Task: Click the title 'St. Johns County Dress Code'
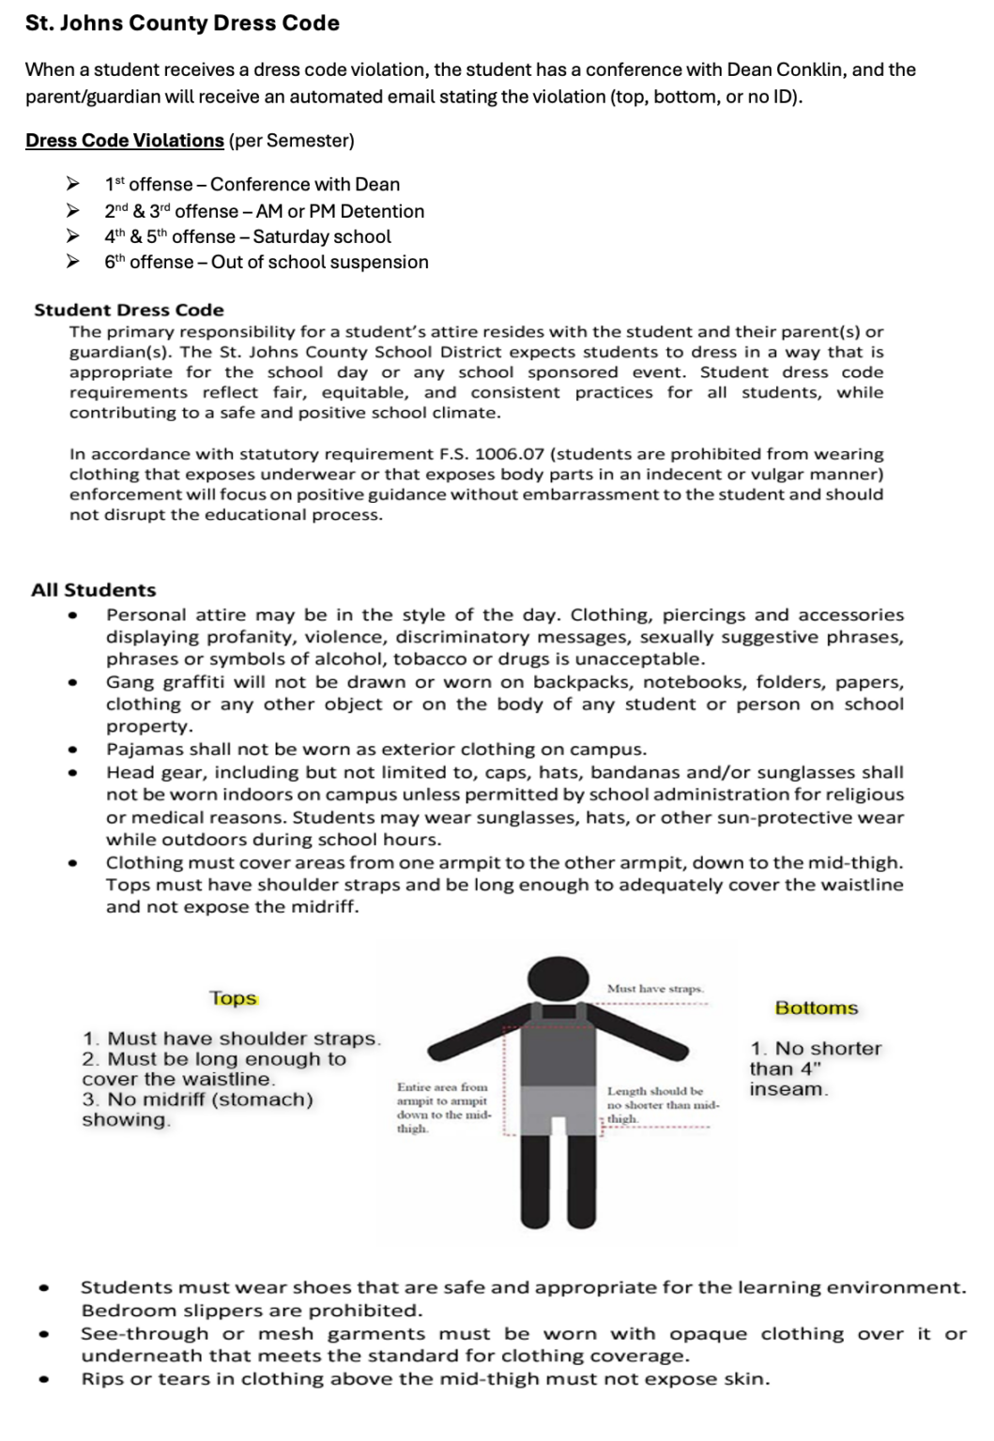(x=182, y=23)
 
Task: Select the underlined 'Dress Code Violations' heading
(x=125, y=141)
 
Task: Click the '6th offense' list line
(x=266, y=263)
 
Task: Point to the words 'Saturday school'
(x=322, y=237)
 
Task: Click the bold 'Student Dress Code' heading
(x=129, y=310)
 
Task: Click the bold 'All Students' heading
(x=94, y=590)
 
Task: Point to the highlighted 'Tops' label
(x=233, y=998)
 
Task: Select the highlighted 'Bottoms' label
(x=816, y=1009)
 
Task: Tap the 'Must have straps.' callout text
(x=655, y=989)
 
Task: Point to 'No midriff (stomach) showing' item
(x=198, y=1109)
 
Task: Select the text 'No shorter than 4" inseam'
(x=814, y=1069)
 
